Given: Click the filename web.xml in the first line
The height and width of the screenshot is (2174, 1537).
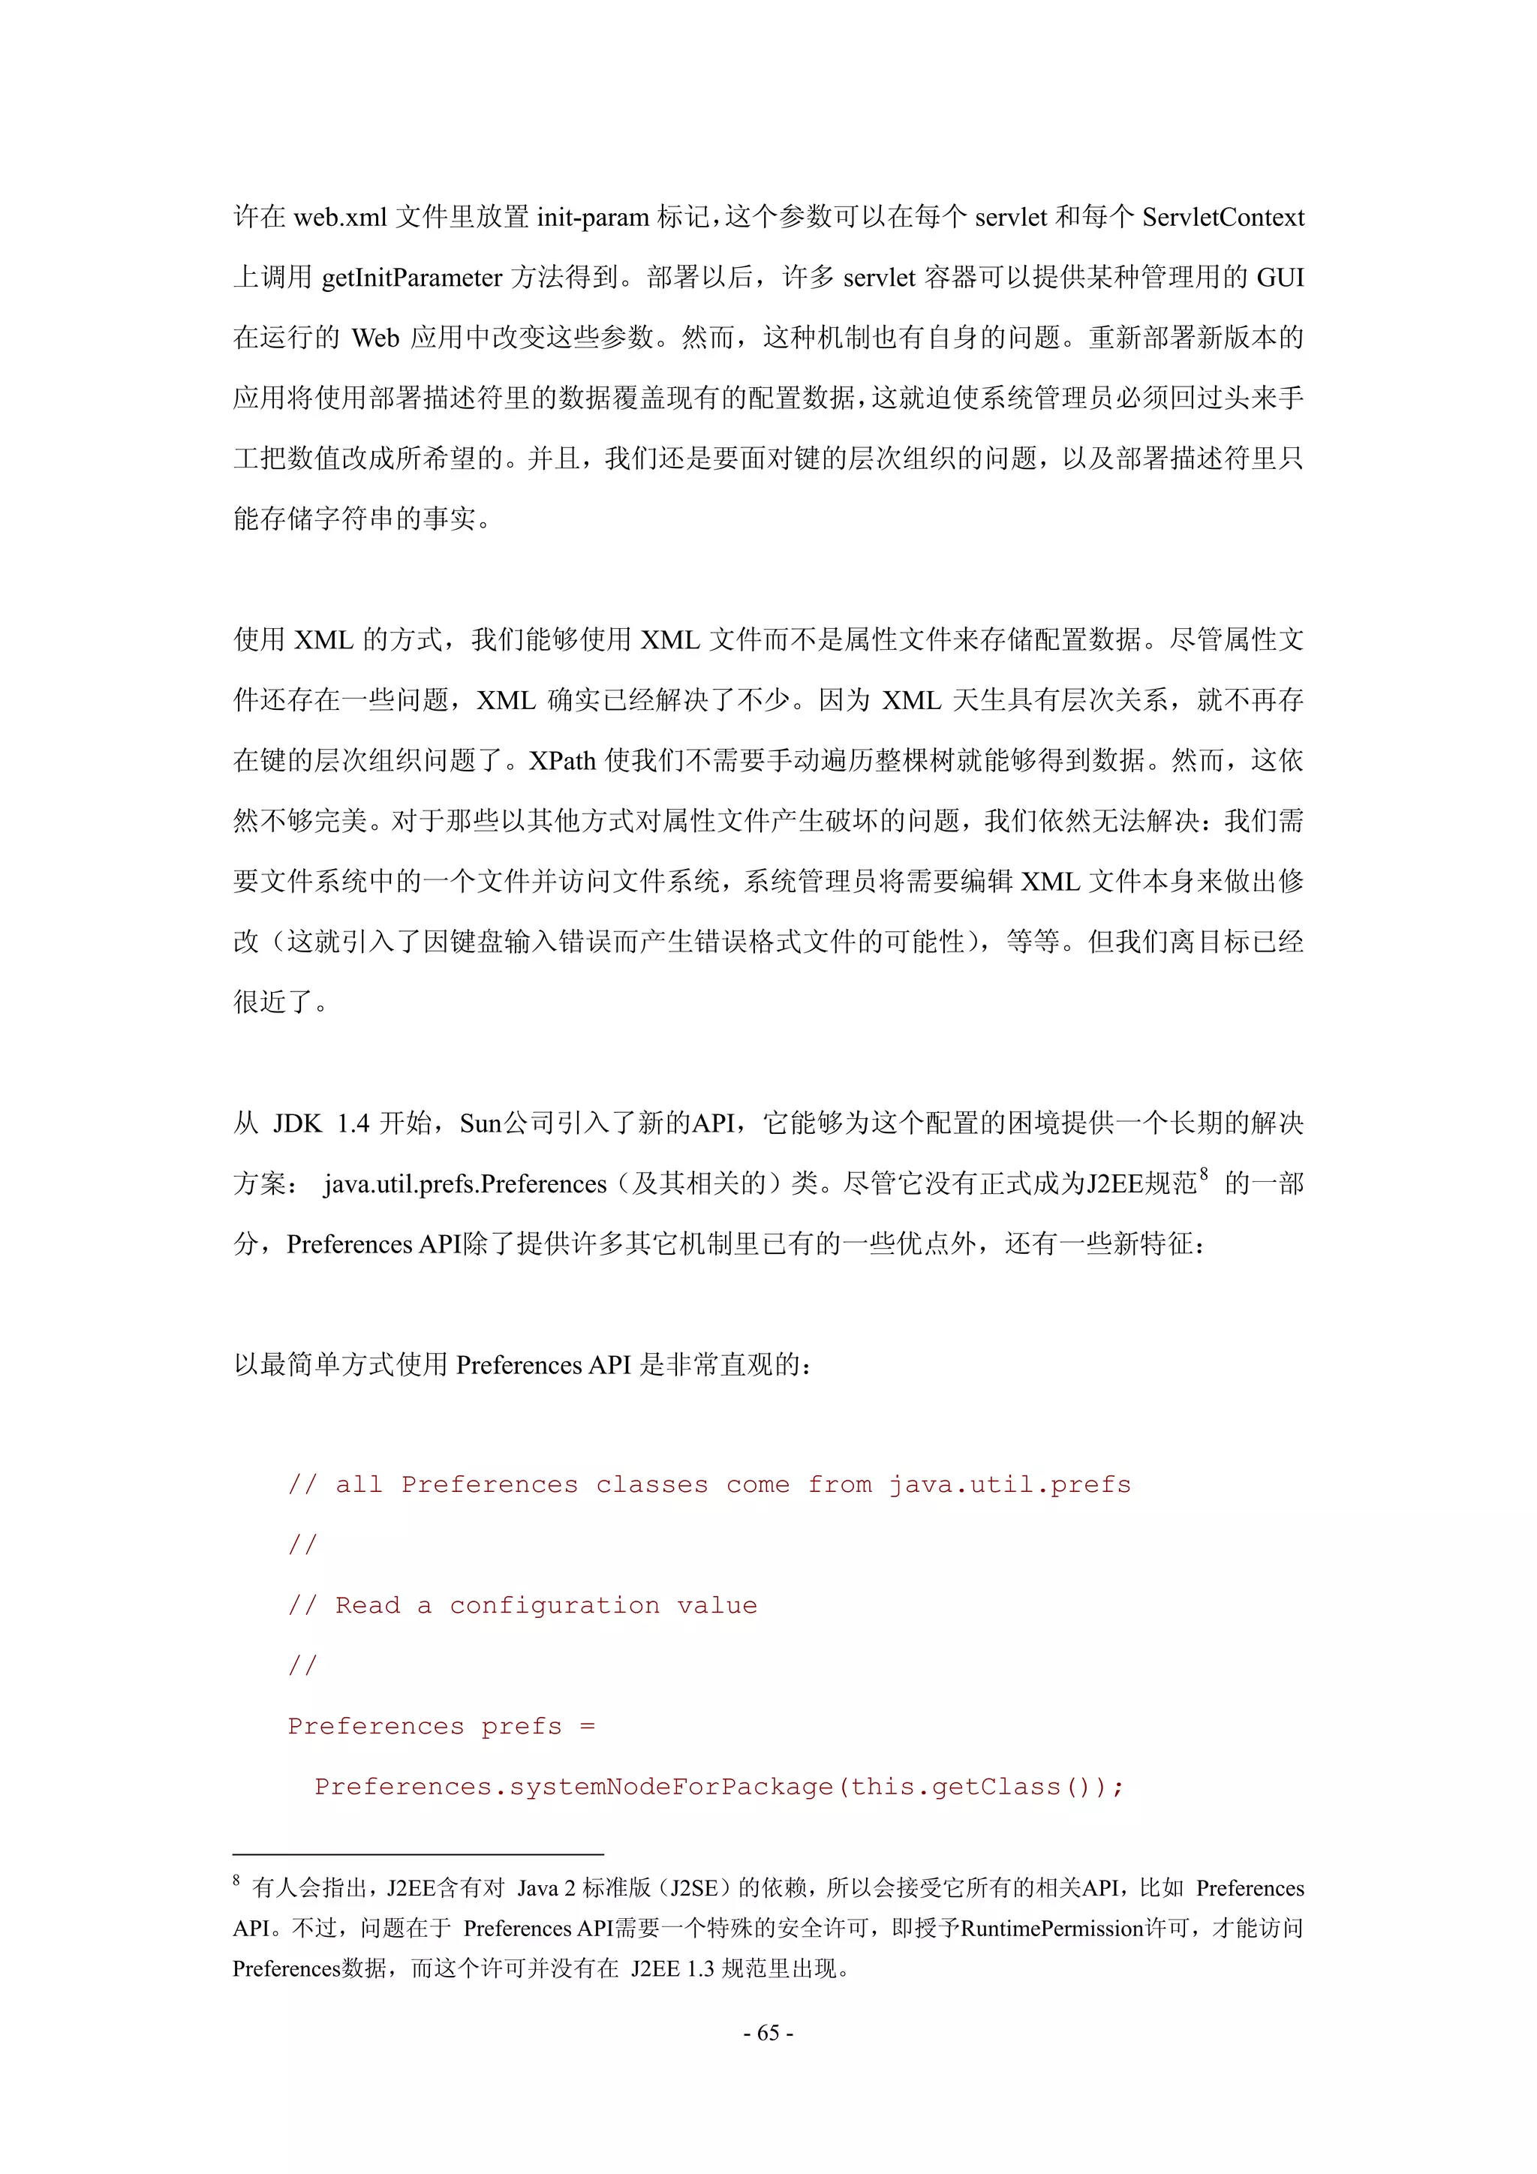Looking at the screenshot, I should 340,218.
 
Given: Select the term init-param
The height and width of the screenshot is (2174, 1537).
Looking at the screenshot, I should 593,218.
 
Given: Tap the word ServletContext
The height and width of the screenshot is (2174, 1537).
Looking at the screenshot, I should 1223,218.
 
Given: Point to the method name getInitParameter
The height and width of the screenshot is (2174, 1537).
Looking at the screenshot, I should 412,278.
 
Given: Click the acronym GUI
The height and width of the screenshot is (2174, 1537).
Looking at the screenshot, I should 1280,278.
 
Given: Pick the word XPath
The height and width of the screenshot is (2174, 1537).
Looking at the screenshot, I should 563,761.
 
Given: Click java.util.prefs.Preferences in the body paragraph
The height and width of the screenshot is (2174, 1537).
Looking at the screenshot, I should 465,1184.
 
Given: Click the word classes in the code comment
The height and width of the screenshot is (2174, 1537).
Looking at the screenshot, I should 651,1484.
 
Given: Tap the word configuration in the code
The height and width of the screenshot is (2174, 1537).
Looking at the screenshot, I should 554,1606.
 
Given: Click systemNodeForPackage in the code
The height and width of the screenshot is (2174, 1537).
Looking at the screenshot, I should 672,1787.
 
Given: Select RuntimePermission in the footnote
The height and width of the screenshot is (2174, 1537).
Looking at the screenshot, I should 1052,1929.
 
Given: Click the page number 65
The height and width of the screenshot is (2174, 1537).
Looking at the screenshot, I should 768,2033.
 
